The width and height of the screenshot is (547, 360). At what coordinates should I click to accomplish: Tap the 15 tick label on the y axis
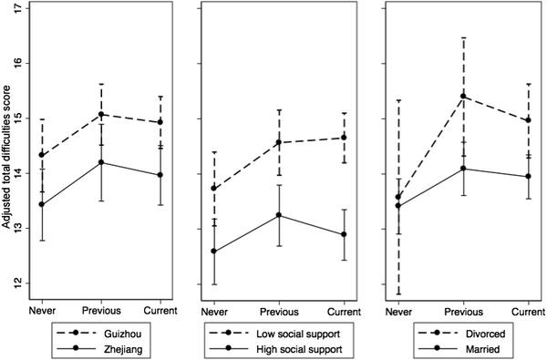pos(19,118)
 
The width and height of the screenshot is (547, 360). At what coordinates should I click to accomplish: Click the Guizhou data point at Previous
pos(101,115)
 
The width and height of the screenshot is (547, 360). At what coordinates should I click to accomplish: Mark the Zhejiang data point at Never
pos(41,204)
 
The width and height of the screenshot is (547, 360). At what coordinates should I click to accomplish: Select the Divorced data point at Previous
pos(463,96)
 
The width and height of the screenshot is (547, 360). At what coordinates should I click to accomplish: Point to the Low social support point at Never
pos(213,188)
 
